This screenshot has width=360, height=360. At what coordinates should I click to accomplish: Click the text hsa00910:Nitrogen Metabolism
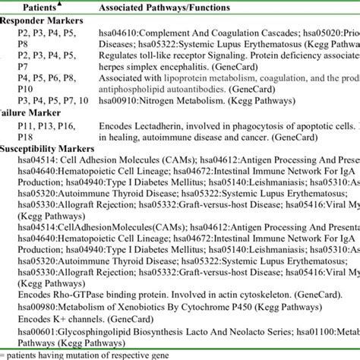[x=153, y=120]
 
